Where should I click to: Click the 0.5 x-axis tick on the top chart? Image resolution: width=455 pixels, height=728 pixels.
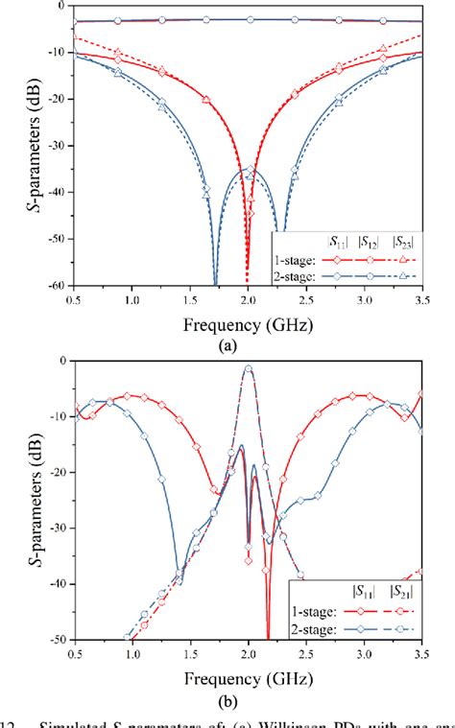tap(75, 301)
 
